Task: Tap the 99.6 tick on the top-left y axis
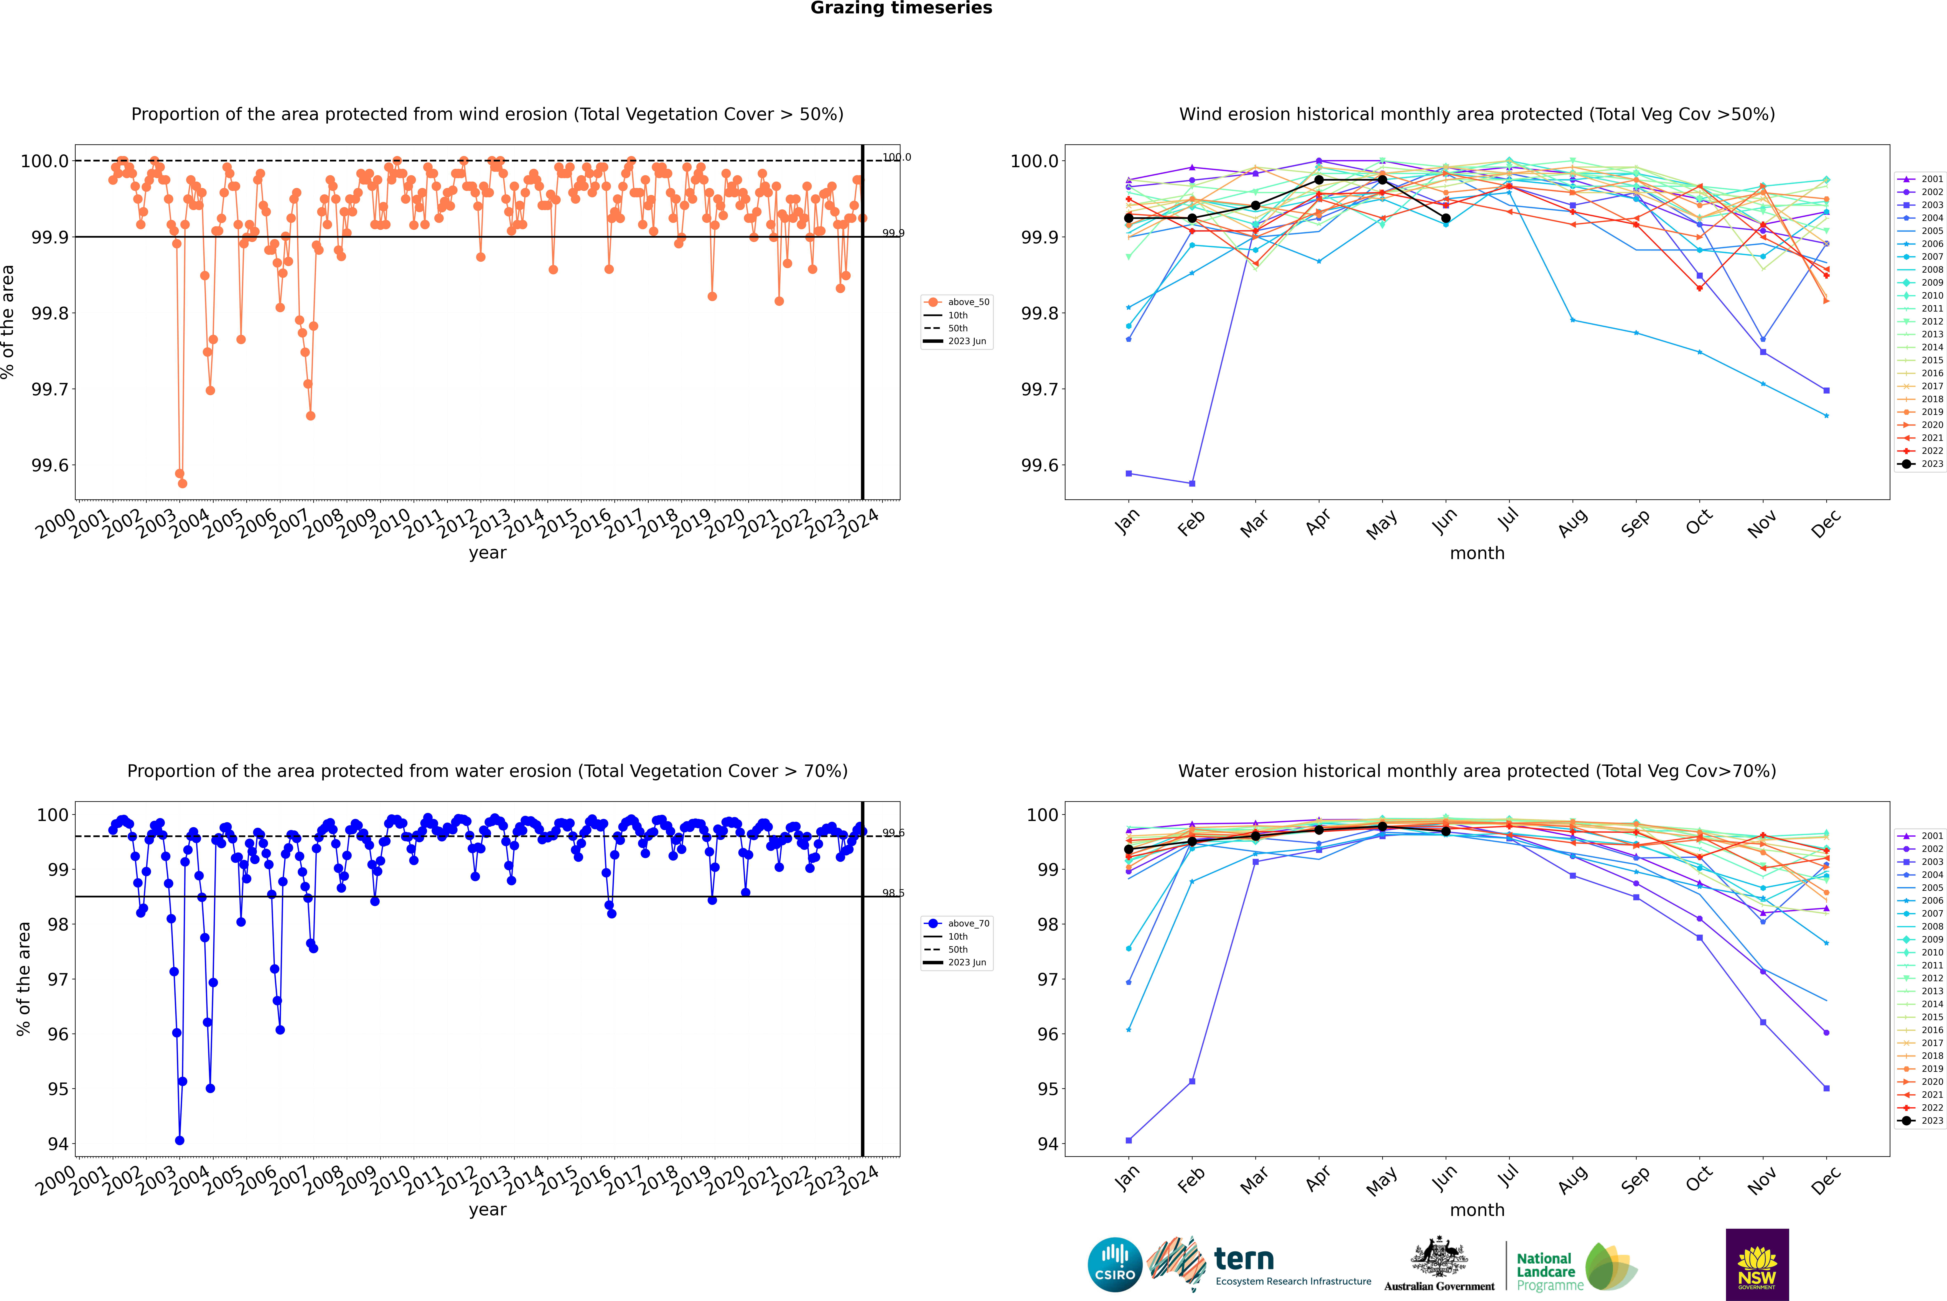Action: pyautogui.click(x=50, y=465)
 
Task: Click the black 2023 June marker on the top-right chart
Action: pyautogui.click(x=1446, y=218)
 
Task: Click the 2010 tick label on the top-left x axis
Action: pyautogui.click(x=390, y=524)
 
